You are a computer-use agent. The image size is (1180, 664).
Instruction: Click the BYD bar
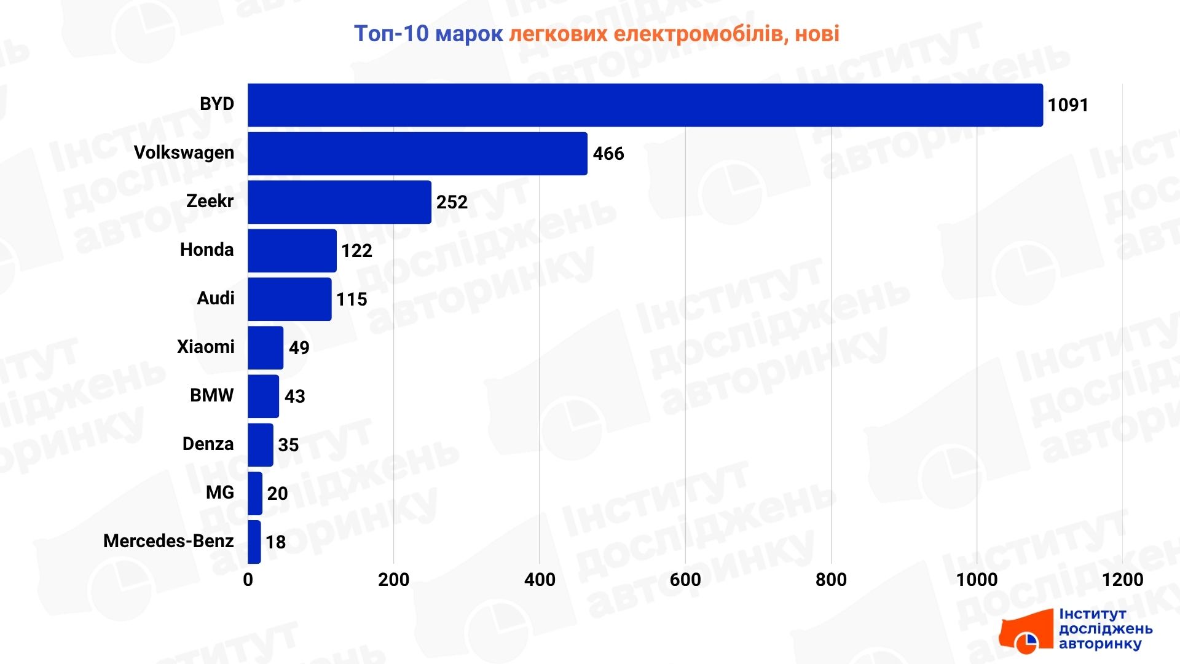645,105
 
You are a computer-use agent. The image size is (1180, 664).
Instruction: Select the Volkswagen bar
417,154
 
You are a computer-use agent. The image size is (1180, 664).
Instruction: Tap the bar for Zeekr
339,202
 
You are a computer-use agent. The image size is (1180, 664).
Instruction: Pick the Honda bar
292,250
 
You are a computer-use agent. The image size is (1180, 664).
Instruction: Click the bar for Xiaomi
265,347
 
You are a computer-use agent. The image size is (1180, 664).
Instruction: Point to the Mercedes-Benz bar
254,542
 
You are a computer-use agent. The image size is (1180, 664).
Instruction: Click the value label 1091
1068,105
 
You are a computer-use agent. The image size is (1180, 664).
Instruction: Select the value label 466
608,154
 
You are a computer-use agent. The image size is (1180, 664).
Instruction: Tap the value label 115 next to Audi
352,299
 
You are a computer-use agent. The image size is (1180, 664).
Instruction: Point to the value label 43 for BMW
294,397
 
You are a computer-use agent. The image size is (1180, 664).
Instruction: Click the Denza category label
208,444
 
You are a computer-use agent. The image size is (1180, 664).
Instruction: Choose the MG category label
219,492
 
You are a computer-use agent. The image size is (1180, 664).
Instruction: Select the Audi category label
215,298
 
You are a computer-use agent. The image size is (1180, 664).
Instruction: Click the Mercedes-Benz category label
168,541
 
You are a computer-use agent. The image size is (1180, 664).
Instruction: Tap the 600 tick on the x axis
685,580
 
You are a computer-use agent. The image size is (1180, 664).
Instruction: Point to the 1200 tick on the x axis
1122,580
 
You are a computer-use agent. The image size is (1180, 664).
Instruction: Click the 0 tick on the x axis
248,580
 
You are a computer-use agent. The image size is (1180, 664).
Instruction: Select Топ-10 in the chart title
391,33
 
